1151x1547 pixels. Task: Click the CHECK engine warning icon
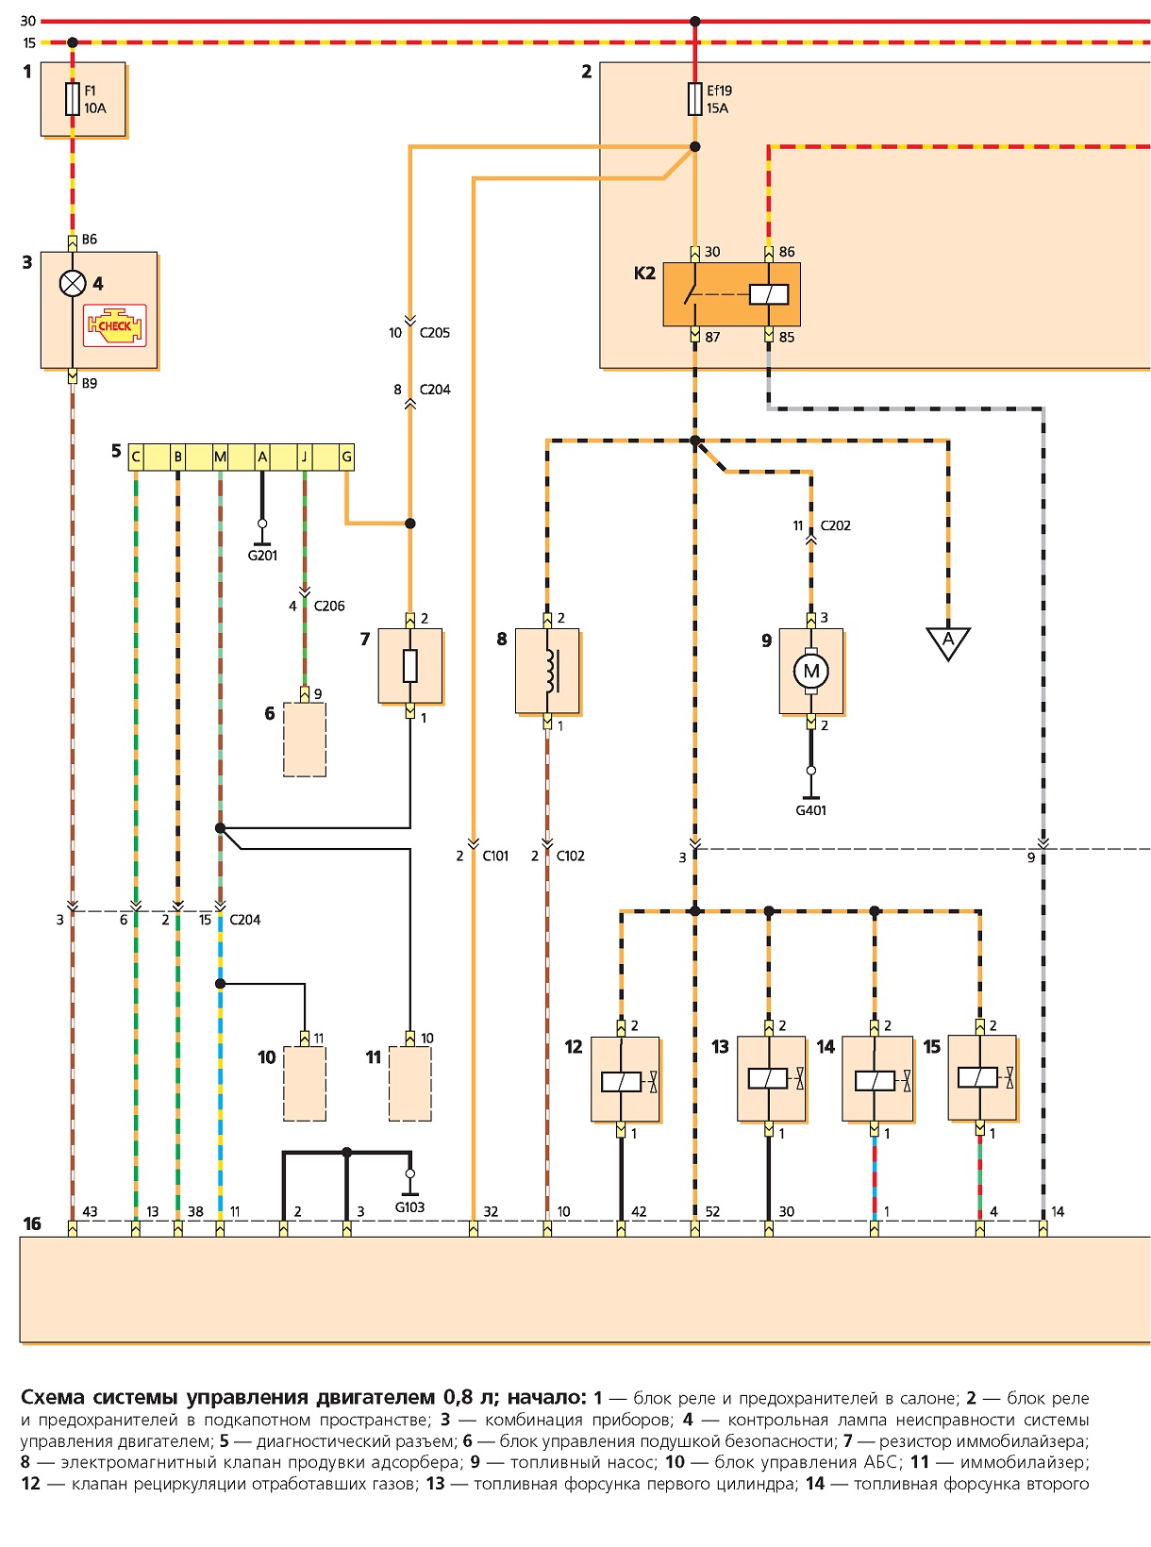point(115,325)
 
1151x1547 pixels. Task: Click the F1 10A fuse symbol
point(72,99)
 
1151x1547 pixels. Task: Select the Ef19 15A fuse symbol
point(694,99)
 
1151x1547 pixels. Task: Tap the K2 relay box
point(731,294)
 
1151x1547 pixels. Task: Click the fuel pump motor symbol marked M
point(810,671)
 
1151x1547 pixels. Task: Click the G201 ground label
point(262,556)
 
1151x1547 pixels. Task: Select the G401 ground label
point(810,809)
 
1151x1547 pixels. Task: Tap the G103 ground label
point(409,1206)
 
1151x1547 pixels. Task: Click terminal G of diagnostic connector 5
point(346,457)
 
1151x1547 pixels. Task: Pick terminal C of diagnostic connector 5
point(135,457)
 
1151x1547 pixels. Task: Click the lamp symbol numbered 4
point(73,283)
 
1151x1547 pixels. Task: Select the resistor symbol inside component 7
point(410,666)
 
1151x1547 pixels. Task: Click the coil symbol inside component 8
point(551,671)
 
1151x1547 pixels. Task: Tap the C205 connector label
point(435,333)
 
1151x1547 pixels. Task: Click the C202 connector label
point(836,525)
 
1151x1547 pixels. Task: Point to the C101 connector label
point(495,856)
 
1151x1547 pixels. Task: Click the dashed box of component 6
point(304,740)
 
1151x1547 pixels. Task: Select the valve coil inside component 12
point(622,1082)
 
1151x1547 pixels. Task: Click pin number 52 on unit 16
point(712,1211)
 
